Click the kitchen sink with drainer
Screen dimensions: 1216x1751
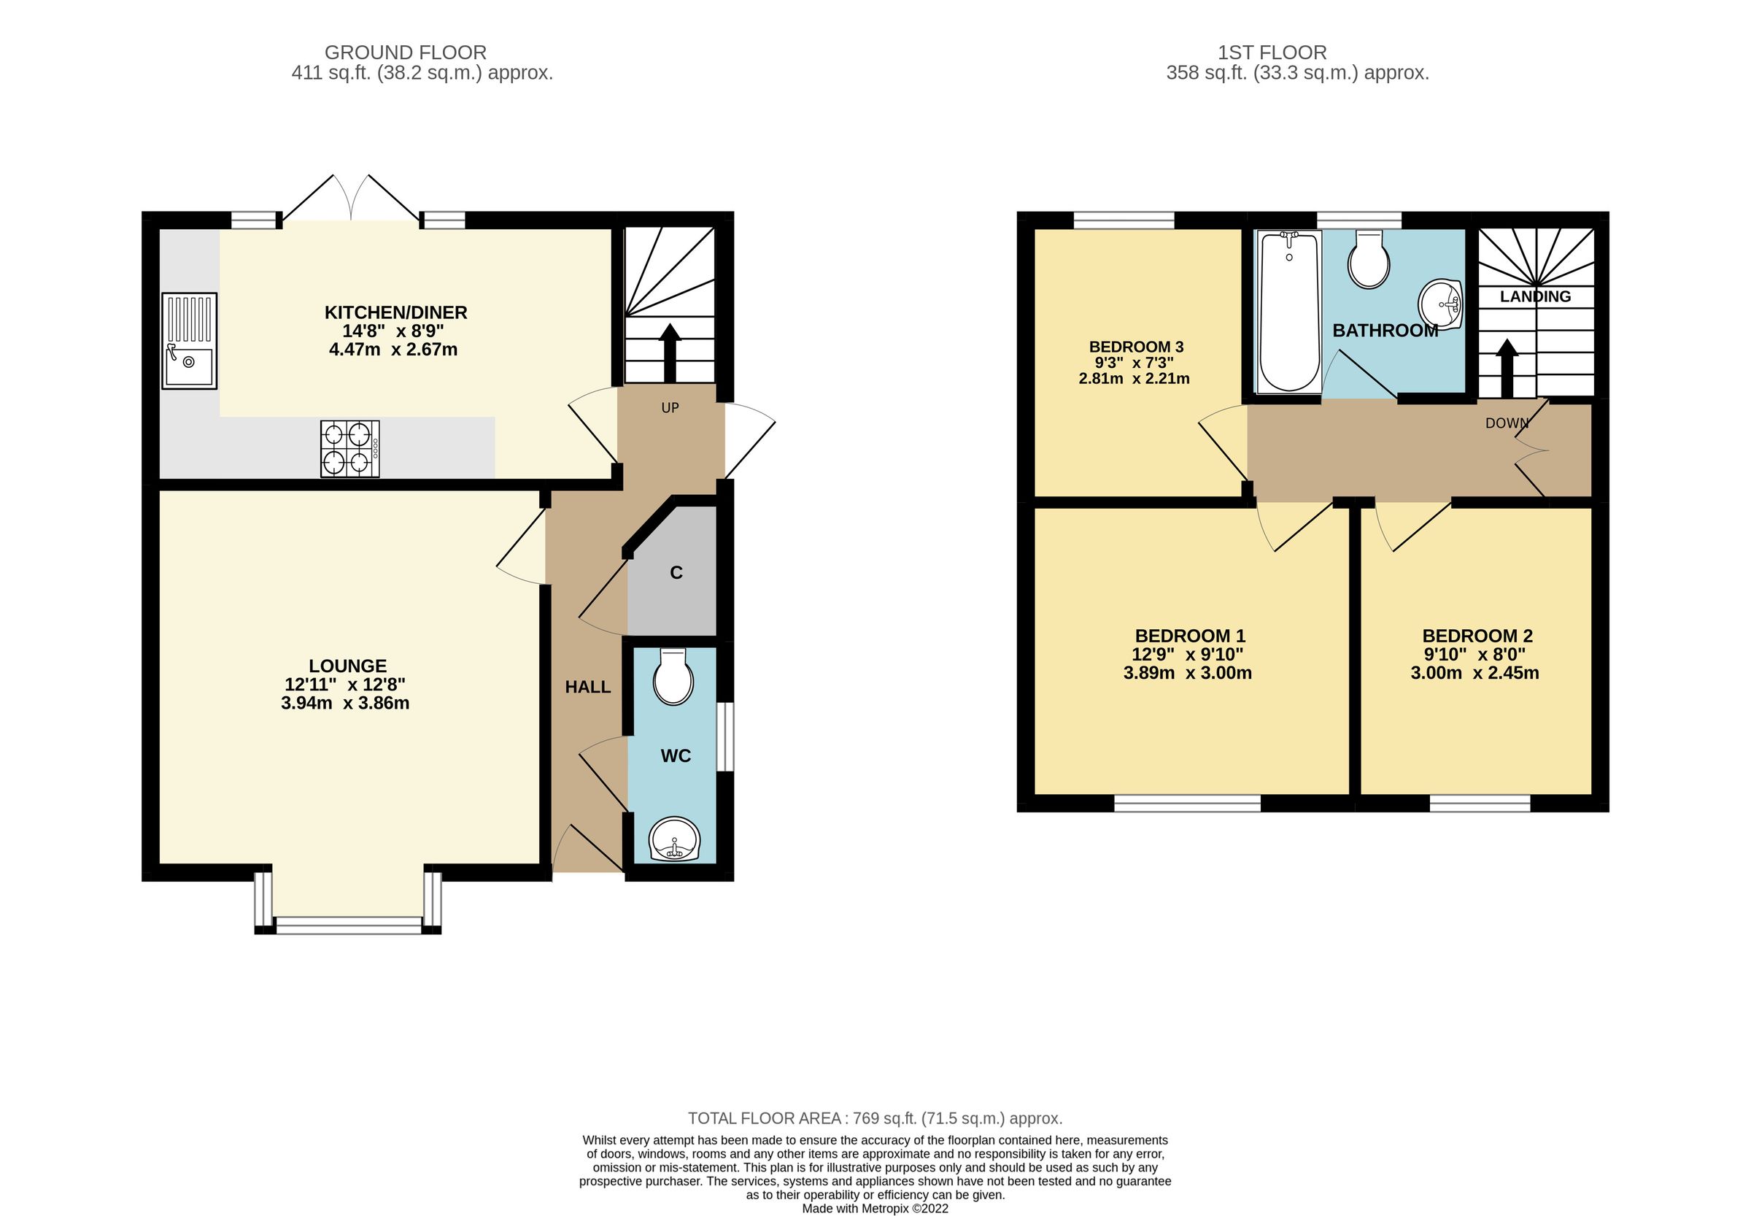tap(189, 341)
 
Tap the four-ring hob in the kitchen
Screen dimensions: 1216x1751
tap(349, 449)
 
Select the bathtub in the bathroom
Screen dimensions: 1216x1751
tap(1288, 312)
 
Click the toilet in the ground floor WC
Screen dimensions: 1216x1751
tap(673, 678)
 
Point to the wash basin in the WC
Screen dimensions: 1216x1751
tap(673, 839)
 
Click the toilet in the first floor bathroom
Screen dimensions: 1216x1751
tap(1368, 261)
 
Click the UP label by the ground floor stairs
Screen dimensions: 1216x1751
tap(670, 407)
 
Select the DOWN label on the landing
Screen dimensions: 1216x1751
tap(1506, 423)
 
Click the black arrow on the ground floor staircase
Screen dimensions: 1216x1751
tap(670, 351)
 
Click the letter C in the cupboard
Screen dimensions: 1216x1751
tap(676, 572)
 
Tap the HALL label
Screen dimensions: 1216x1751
tap(587, 687)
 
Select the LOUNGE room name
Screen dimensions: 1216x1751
tap(347, 665)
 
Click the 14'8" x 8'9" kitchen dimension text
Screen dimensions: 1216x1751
tap(393, 331)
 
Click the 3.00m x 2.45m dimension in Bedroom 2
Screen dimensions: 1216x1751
tap(1474, 673)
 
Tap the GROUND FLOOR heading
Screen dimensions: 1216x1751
tap(405, 53)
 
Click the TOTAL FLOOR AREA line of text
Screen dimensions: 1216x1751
tap(874, 1117)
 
